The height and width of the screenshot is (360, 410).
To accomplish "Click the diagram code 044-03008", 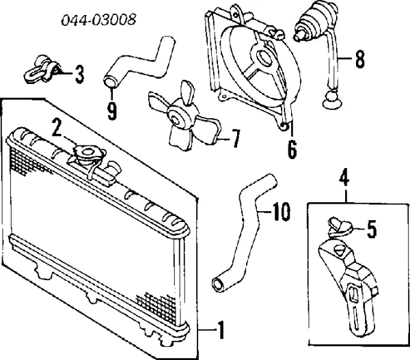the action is click(x=98, y=20).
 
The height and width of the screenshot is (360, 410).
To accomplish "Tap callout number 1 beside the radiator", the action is click(x=221, y=330).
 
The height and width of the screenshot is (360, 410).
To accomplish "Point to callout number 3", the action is click(x=79, y=74).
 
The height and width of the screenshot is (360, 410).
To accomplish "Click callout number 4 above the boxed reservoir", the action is click(x=344, y=177).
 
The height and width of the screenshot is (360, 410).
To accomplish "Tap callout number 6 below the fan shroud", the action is click(x=292, y=149).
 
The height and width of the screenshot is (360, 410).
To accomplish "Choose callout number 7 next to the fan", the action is click(x=234, y=139).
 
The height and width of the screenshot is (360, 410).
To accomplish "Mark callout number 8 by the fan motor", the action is click(x=360, y=59).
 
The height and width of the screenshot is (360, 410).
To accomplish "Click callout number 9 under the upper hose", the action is click(x=112, y=111).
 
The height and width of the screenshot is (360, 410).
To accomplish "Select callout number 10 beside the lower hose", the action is click(x=281, y=211).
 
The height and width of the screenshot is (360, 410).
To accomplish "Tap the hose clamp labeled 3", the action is click(x=41, y=69).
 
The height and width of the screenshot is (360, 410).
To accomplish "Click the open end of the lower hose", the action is click(x=219, y=285).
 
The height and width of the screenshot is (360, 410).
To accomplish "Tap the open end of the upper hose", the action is click(x=111, y=81).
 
